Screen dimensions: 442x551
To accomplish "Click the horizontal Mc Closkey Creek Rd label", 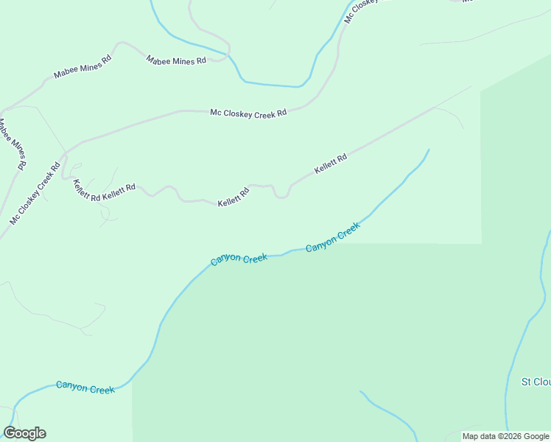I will (248, 113).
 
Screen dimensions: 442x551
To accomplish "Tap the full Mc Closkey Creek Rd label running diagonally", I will (35, 193).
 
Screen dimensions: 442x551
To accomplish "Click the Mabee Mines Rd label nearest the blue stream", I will (176, 60).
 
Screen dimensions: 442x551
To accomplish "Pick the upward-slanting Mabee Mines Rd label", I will (82, 66).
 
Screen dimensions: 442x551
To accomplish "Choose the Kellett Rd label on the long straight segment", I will (330, 164).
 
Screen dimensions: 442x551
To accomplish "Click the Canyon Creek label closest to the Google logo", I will (85, 387).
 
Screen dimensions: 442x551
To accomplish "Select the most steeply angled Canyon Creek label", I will (332, 237).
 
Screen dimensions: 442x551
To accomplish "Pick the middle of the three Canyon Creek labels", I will (239, 259).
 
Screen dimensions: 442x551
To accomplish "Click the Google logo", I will (24, 433).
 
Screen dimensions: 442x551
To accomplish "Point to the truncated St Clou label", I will (536, 382).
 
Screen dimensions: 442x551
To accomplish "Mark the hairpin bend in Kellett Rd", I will (281, 196).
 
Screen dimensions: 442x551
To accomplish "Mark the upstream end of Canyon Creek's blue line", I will (428, 150).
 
